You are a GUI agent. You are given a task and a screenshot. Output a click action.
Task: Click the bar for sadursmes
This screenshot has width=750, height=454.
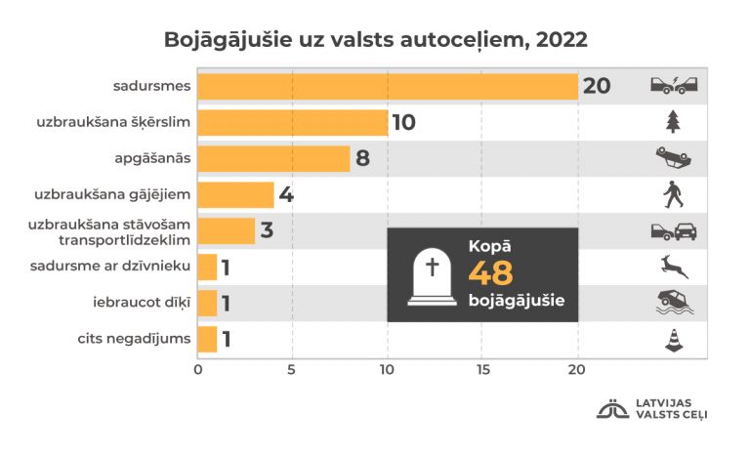(x=388, y=86)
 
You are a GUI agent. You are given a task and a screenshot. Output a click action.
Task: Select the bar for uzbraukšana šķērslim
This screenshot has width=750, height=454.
(x=293, y=122)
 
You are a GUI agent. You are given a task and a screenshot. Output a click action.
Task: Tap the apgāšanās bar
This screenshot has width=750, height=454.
(x=273, y=158)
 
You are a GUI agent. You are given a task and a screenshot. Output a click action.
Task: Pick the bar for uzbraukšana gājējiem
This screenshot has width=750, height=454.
(x=235, y=194)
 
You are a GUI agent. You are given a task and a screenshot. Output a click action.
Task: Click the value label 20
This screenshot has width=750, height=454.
(x=597, y=86)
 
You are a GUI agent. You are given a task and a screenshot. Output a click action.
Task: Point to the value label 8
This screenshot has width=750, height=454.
(x=362, y=158)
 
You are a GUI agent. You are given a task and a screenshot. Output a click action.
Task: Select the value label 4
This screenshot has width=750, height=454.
(x=286, y=194)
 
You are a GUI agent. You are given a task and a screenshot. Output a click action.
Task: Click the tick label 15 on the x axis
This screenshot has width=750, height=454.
(x=482, y=370)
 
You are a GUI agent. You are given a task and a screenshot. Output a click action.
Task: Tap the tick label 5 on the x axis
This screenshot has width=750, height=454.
(x=292, y=370)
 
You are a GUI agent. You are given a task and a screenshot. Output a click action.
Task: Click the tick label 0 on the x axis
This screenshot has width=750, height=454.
(x=198, y=370)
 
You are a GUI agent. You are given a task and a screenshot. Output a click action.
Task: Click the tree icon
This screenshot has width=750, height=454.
(x=672, y=121)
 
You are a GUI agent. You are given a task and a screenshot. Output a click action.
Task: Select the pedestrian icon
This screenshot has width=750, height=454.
(x=672, y=194)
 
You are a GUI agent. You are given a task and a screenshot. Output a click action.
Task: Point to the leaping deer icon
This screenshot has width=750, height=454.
(x=674, y=266)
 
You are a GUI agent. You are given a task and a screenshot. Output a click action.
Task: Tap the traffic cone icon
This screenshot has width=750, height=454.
(x=673, y=340)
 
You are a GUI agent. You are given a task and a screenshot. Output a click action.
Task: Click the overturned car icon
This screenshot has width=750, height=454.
(x=674, y=157)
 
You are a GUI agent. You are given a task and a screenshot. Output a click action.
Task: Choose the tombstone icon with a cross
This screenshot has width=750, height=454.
(x=429, y=274)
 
